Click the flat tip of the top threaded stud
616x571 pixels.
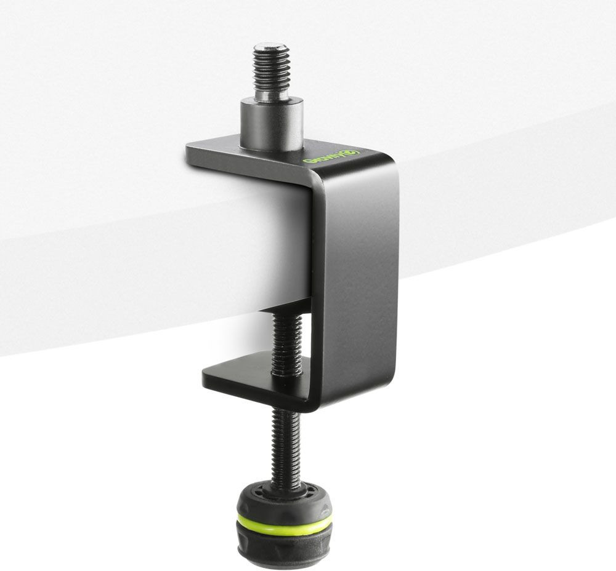tap(272, 46)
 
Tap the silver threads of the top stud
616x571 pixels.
tap(271, 71)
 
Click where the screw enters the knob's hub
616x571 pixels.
tap(284, 489)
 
